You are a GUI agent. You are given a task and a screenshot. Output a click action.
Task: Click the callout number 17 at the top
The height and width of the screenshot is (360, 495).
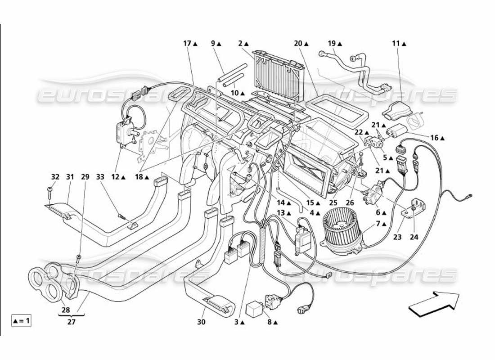pyautogui.click(x=188, y=44)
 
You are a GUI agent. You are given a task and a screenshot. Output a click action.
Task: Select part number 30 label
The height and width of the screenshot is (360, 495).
pyautogui.click(x=201, y=322)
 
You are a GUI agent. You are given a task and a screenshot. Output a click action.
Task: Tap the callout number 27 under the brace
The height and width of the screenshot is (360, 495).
pyautogui.click(x=72, y=322)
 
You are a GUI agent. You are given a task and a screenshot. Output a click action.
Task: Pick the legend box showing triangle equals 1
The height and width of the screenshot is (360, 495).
pyautogui.click(x=21, y=321)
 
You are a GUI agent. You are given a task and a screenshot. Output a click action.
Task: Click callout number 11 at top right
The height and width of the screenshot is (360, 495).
pyautogui.click(x=396, y=44)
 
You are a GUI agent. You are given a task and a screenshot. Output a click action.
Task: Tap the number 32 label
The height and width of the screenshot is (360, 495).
pyautogui.click(x=55, y=177)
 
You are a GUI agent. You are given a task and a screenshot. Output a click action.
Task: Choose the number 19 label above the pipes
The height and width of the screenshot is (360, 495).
pyautogui.click(x=332, y=44)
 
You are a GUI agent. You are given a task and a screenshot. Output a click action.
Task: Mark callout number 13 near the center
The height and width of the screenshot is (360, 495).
pyautogui.click(x=281, y=213)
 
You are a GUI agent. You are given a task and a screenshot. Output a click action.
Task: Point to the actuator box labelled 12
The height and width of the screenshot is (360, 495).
pyautogui.click(x=123, y=130)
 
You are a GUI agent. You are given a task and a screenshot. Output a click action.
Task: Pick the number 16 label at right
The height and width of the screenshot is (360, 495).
pyautogui.click(x=434, y=138)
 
